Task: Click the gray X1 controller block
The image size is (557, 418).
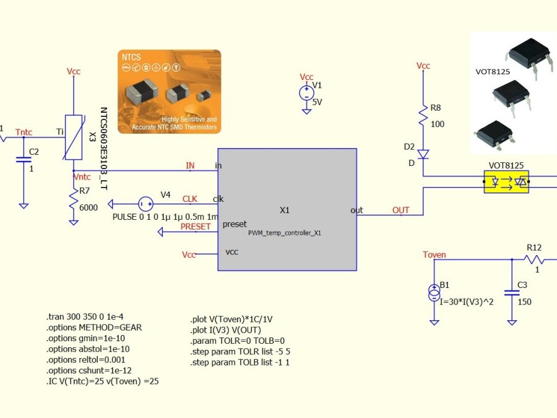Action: tap(287, 209)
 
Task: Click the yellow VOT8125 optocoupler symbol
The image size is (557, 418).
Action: tap(506, 182)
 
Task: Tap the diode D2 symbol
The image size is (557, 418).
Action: tap(423, 154)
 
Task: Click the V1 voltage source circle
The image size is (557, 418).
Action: tap(306, 94)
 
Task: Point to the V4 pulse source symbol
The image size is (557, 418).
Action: tap(146, 203)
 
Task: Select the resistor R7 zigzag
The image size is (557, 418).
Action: tap(74, 199)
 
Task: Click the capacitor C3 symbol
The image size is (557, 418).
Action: tap(512, 294)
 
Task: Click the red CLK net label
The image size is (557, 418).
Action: tap(190, 199)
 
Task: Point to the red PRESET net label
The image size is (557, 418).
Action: tap(195, 226)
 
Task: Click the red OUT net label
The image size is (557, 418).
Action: tap(400, 210)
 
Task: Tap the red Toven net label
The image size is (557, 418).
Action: tap(434, 255)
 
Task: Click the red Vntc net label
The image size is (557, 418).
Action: tap(82, 177)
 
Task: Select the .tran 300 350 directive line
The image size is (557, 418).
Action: tap(89, 316)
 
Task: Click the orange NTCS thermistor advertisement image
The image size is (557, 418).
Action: tap(169, 91)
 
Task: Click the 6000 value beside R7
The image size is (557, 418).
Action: tap(88, 207)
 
